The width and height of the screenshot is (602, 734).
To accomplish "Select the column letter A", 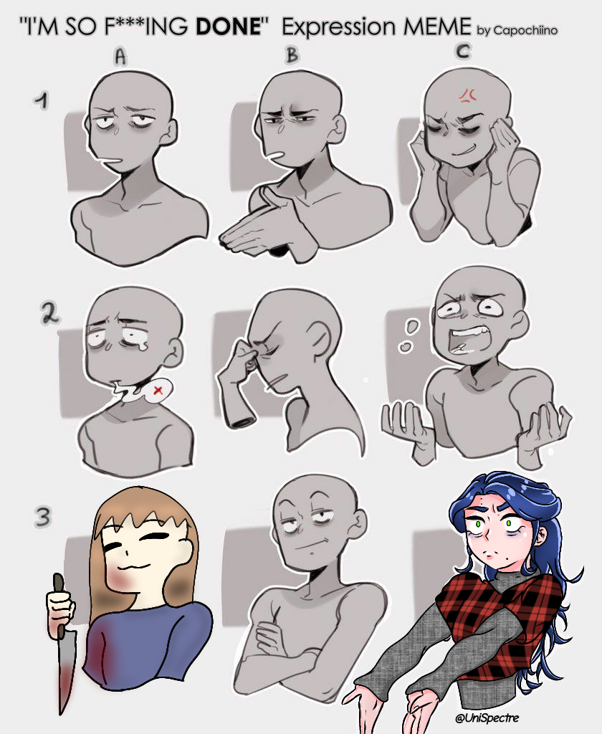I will point(120,58).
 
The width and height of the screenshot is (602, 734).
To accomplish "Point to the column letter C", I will point(463,51).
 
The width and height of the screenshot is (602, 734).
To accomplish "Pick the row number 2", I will point(50,315).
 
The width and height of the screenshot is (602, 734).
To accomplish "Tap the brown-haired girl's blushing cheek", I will point(118,576).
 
